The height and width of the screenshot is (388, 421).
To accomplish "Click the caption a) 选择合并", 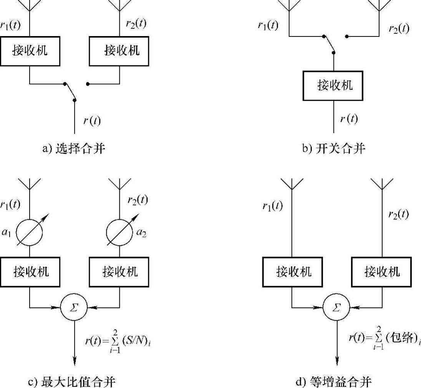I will [73, 148].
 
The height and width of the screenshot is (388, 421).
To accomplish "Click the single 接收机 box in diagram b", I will [333, 85].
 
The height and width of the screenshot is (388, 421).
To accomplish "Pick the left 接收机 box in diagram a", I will [30, 51].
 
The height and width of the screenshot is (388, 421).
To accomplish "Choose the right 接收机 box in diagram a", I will [119, 51].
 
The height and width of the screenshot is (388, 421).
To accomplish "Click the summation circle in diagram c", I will [74, 307].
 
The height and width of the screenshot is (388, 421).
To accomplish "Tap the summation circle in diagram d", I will [336, 307].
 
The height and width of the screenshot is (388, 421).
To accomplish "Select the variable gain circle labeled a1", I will [30, 233].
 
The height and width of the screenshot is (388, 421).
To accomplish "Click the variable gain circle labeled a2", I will [119, 233].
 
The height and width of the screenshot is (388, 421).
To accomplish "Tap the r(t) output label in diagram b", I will [349, 119].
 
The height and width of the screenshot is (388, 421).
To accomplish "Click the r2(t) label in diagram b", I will [398, 29].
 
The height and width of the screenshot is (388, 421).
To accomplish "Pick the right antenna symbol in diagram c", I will [119, 184].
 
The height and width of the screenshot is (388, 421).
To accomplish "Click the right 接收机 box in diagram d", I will [382, 272].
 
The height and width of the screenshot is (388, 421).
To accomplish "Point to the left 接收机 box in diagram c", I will [30, 272].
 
